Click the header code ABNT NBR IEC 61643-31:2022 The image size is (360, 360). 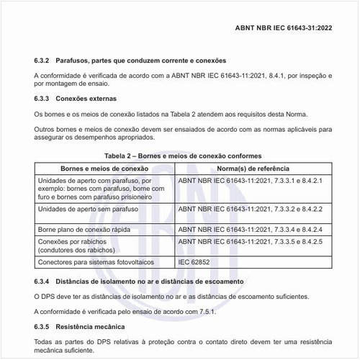[x=284, y=31]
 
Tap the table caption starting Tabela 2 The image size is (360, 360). [x=183, y=156]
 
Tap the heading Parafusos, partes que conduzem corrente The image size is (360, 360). [x=143, y=60]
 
